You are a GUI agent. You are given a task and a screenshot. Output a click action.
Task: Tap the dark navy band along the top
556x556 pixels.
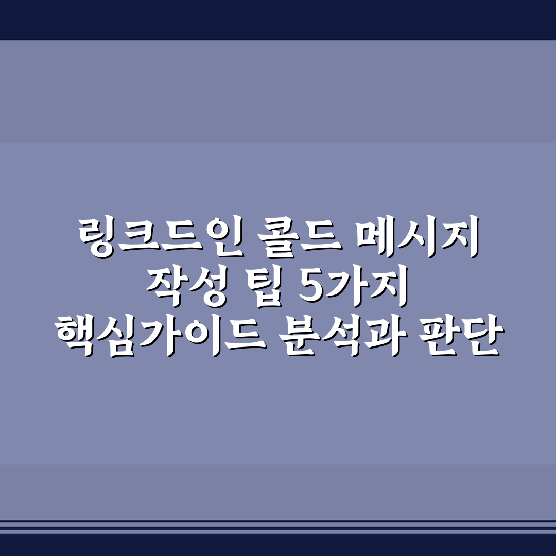click(278, 20)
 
